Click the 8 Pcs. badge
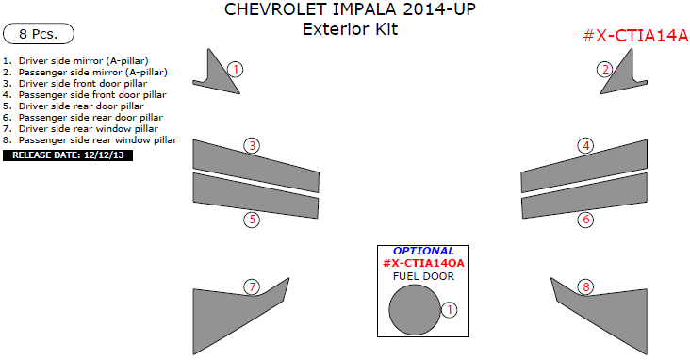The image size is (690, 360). (x=39, y=33)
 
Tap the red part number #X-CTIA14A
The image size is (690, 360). (x=635, y=36)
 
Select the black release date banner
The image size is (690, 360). (x=68, y=155)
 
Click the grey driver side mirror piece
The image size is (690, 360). (x=217, y=77)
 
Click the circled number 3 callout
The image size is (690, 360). (x=252, y=146)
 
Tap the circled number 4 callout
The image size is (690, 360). (x=586, y=146)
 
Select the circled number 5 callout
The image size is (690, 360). (x=252, y=220)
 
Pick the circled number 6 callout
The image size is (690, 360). (x=586, y=220)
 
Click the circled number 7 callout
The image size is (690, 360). (x=252, y=287)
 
